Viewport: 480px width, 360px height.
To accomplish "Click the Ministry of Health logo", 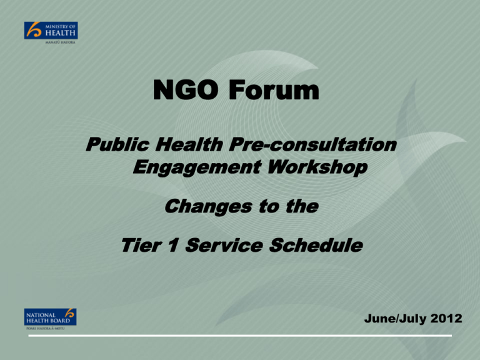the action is [51, 32].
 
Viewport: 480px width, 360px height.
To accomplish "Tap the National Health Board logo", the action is [50, 319].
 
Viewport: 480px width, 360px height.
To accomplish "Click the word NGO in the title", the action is [186, 90].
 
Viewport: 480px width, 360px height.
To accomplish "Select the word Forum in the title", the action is [274, 90].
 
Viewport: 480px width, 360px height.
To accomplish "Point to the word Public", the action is [117, 144].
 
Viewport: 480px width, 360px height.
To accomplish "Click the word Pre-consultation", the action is [312, 144].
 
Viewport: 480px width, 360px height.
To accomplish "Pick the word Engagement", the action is [197, 167].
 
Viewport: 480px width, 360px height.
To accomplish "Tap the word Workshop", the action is [317, 167].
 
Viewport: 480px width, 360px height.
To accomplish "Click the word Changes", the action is [208, 207].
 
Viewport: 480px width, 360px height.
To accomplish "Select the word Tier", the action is [141, 245].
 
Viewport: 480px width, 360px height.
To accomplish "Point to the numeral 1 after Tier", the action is [173, 245].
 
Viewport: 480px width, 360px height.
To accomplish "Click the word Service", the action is [224, 245].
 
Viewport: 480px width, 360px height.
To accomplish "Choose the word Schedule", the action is [316, 245].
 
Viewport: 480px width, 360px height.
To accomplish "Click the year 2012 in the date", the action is [446, 318].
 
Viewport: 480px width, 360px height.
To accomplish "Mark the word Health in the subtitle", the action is [189, 144].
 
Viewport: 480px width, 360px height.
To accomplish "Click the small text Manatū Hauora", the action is [60, 42].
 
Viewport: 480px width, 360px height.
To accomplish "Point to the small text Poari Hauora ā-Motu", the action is [45, 329].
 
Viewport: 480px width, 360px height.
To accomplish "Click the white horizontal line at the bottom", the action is [240, 336].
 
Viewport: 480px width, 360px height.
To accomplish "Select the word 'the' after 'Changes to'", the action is [302, 207].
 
